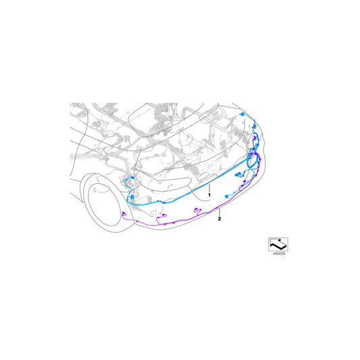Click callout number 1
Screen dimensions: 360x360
(209, 195)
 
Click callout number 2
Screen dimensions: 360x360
(220, 219)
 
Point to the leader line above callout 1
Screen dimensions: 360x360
(209, 188)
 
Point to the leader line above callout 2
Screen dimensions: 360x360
(220, 212)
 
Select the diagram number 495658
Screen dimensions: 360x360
(278, 254)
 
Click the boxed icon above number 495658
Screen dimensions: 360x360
(278, 245)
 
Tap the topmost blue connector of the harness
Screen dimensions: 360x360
(242, 114)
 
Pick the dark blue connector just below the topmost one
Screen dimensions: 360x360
(254, 126)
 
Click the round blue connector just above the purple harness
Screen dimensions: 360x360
(226, 197)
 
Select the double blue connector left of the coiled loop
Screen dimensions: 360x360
(238, 174)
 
